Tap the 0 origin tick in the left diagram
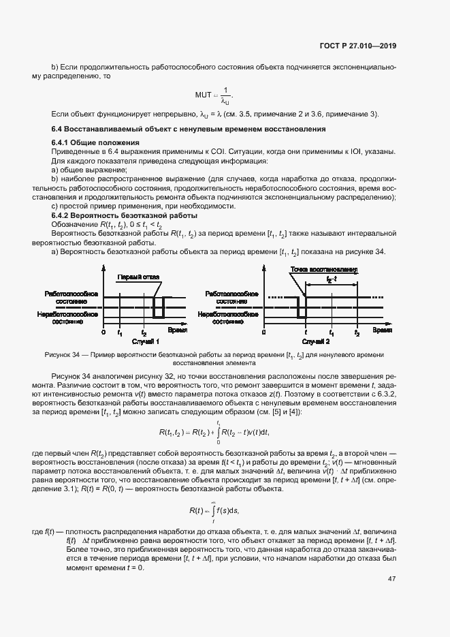(x=103, y=333)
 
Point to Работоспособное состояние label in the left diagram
(x=71, y=296)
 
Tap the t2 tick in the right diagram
(x=357, y=333)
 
